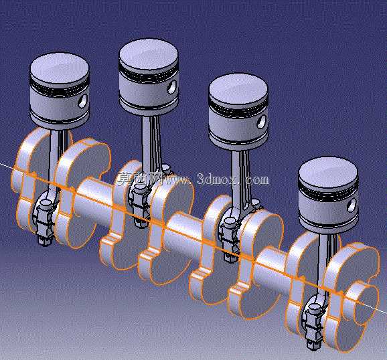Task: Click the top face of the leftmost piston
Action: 60,68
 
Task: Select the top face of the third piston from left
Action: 238,88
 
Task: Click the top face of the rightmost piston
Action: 328,172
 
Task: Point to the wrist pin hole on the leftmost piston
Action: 82,101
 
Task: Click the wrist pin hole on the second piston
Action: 172,87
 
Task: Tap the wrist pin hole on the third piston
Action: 262,122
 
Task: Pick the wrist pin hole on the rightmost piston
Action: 352,205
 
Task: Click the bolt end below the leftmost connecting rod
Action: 44,242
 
